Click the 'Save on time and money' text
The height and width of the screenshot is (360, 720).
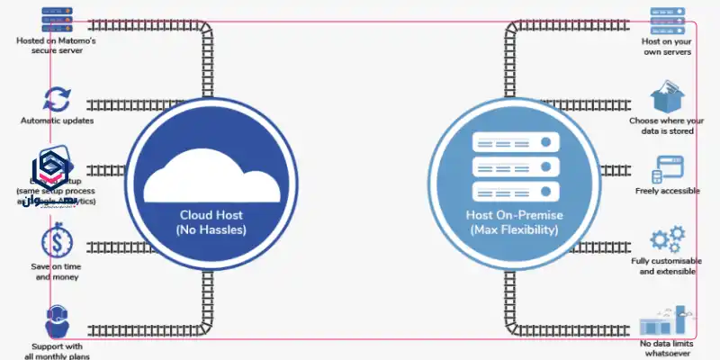(x=57, y=271)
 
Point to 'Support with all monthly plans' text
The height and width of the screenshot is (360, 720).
(x=57, y=351)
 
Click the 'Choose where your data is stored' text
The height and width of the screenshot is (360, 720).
(x=667, y=126)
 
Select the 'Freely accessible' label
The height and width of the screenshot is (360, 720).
(x=667, y=191)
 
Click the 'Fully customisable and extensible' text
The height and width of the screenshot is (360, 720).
(x=667, y=265)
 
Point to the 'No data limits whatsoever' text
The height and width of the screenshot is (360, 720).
(x=667, y=349)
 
